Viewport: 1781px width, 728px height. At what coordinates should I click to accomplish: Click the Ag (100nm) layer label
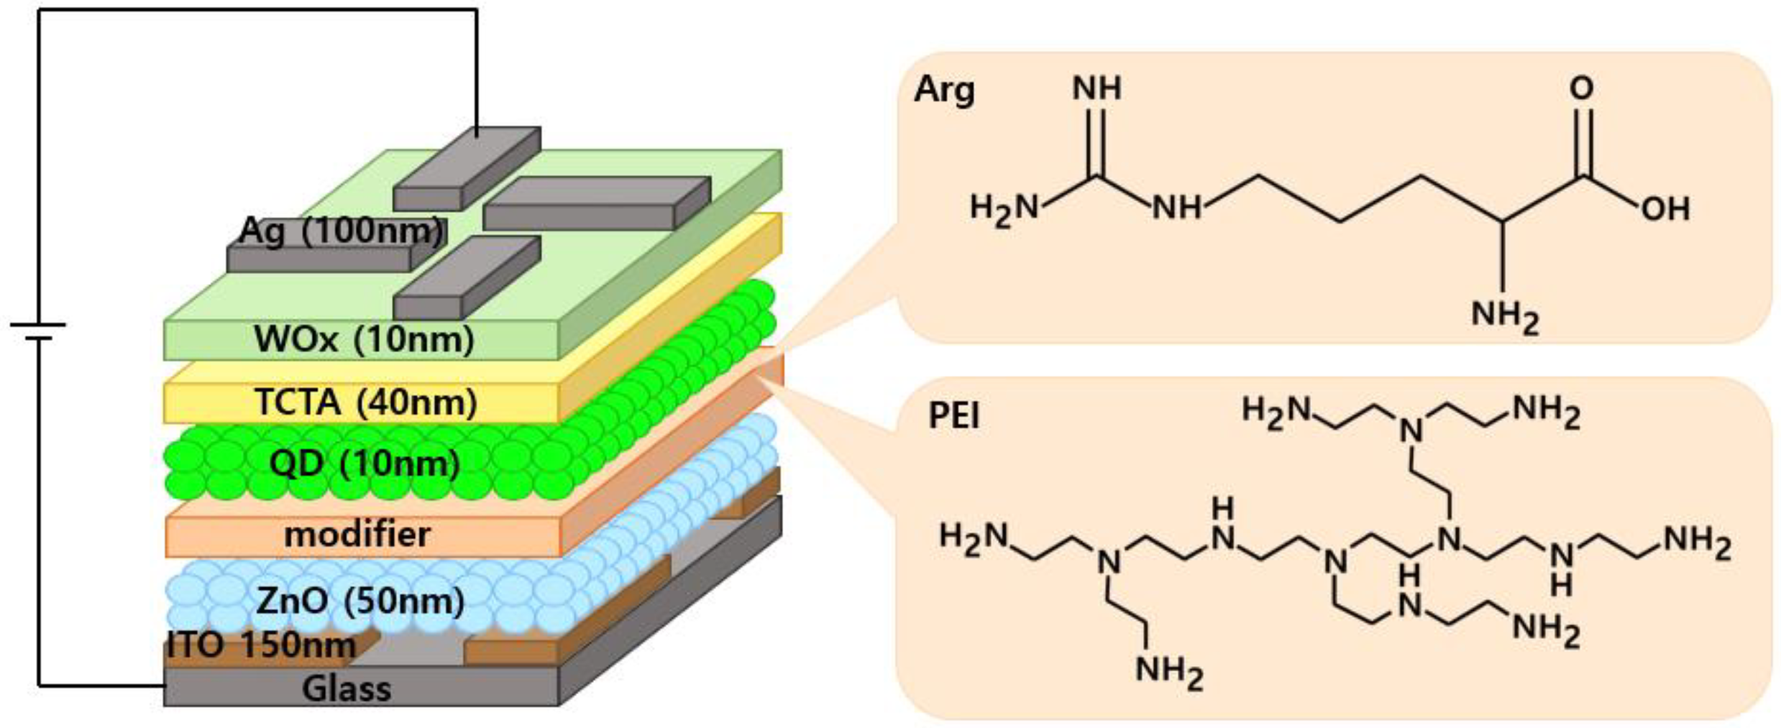pos(341,231)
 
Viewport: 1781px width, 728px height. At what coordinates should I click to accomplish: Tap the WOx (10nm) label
pos(364,338)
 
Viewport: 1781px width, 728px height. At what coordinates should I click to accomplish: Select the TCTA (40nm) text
pos(366,402)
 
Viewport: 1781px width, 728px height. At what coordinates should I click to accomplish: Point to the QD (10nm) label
pos(365,464)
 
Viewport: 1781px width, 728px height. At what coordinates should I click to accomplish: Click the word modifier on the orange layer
pos(357,535)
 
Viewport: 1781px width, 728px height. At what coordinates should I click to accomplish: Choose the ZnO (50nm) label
pos(360,601)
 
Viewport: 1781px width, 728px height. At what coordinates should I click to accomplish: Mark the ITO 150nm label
pos(262,645)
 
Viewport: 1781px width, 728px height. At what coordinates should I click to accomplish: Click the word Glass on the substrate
pos(347,688)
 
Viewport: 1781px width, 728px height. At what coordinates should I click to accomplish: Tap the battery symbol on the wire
pos(38,331)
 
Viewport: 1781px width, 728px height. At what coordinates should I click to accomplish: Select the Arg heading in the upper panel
pos(944,91)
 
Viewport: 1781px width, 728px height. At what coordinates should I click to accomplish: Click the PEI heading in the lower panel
pos(954,416)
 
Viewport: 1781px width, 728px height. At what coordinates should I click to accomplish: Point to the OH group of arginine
pos(1665,208)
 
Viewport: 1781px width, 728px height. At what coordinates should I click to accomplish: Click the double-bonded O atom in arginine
pos(1582,88)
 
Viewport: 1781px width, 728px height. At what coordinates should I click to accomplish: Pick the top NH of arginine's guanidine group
pos(1096,88)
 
